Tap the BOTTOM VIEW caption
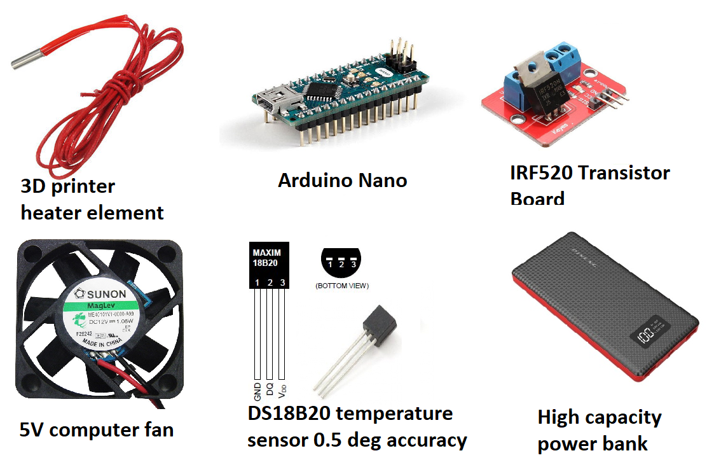point(342,286)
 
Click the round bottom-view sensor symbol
point(341,262)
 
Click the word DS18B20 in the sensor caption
point(289,414)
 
